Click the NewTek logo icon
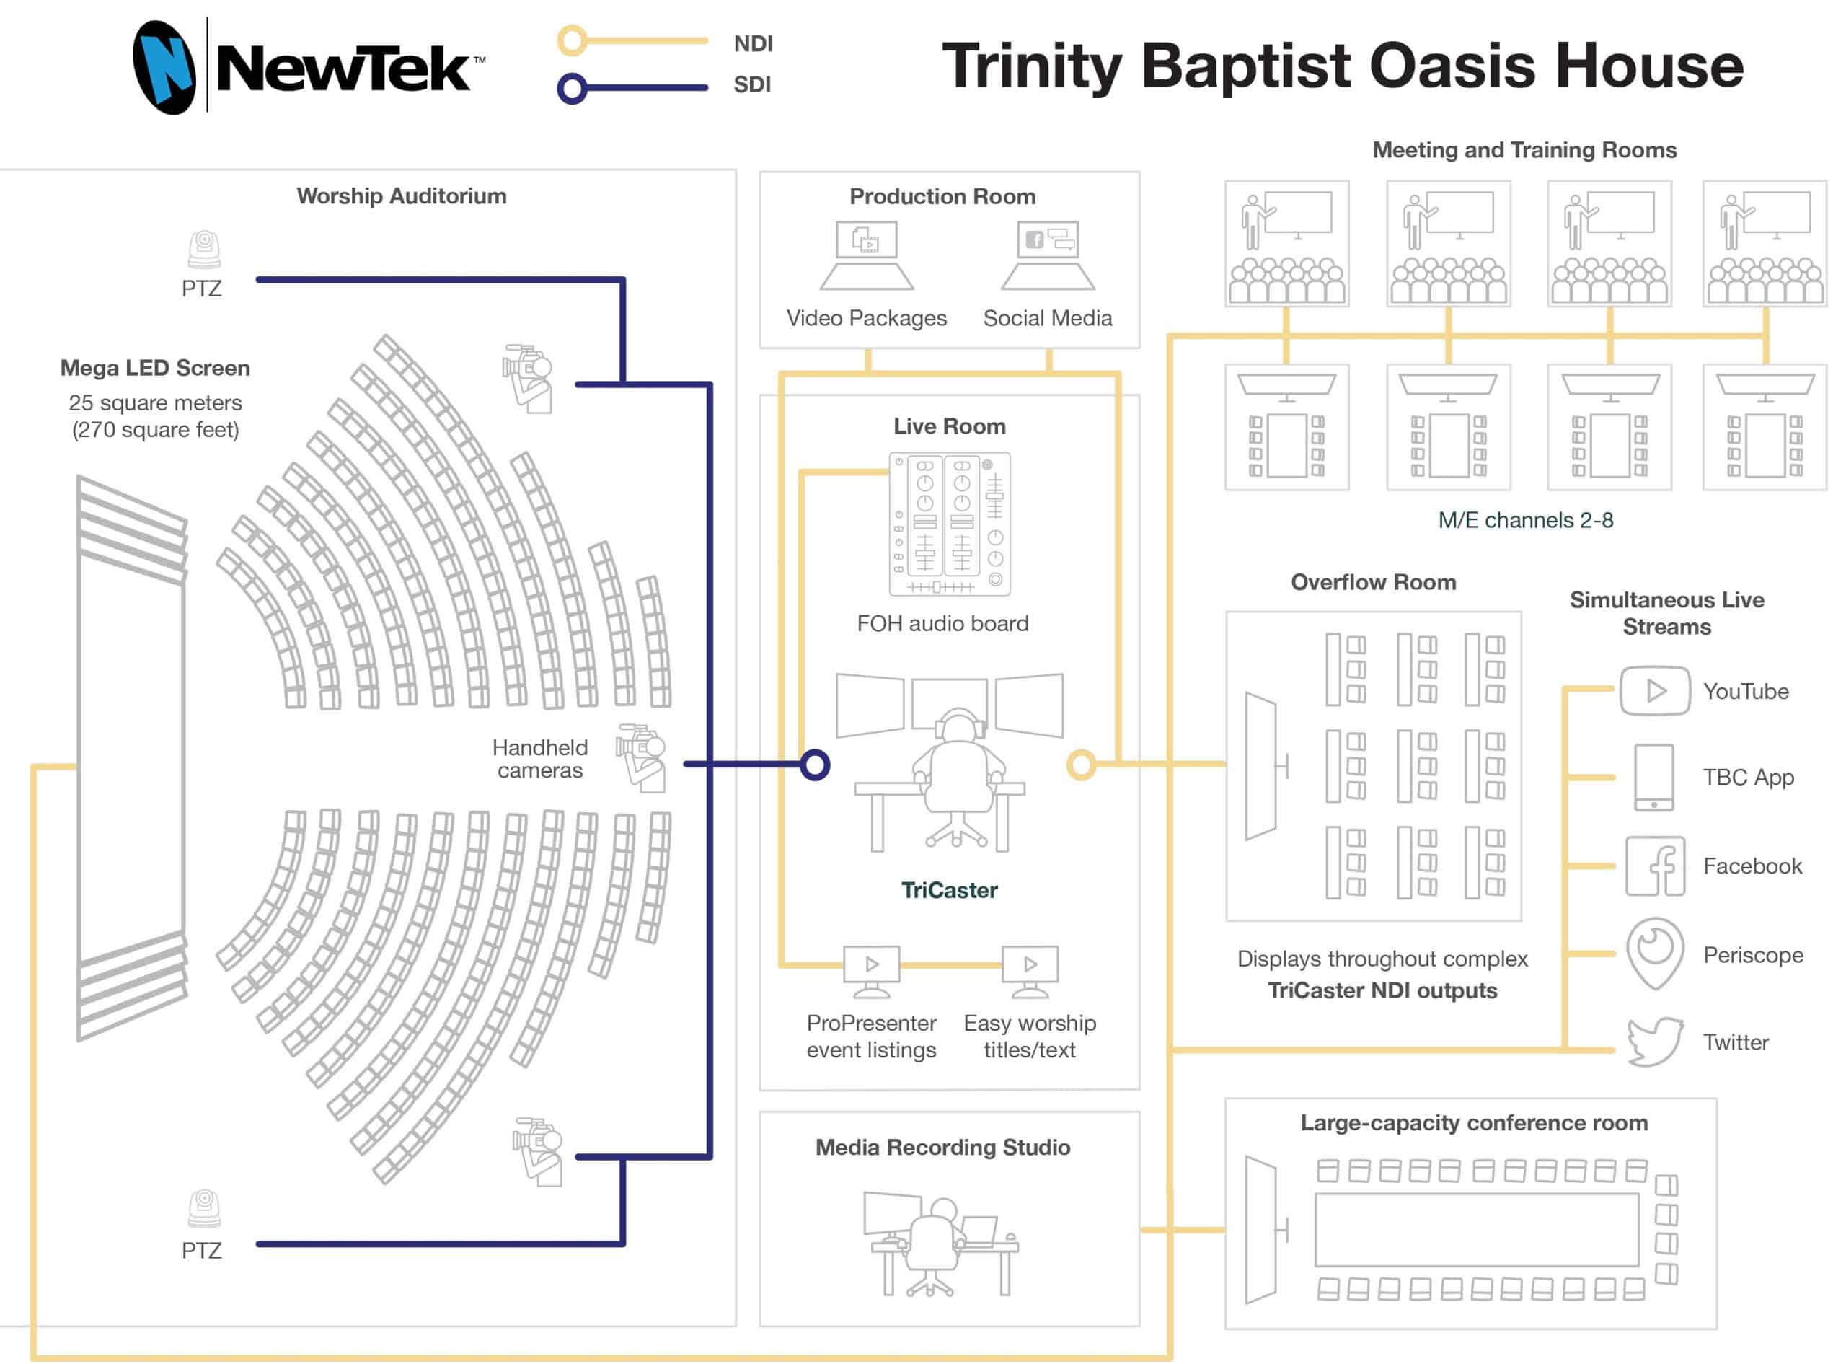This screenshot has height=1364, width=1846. tap(164, 67)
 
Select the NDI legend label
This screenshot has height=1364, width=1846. tap(753, 44)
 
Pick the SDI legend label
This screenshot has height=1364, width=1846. tap(752, 85)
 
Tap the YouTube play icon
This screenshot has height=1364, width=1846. tap(1655, 691)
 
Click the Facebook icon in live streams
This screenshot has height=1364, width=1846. tap(1655, 866)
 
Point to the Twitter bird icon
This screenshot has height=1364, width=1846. tap(1655, 1042)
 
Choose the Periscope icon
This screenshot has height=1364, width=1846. tap(1655, 953)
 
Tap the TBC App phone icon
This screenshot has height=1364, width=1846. tap(1653, 778)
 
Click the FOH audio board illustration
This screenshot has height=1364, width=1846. tap(950, 524)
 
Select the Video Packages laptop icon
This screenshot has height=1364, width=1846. tap(867, 256)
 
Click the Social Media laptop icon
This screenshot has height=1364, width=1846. tap(1048, 256)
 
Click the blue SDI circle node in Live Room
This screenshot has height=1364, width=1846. tap(815, 765)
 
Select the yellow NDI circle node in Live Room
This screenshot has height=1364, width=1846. tap(1081, 765)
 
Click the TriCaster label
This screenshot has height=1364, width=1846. tap(949, 890)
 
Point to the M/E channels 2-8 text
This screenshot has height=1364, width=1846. tap(1525, 520)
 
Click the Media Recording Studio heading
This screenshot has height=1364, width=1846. tap(942, 1148)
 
